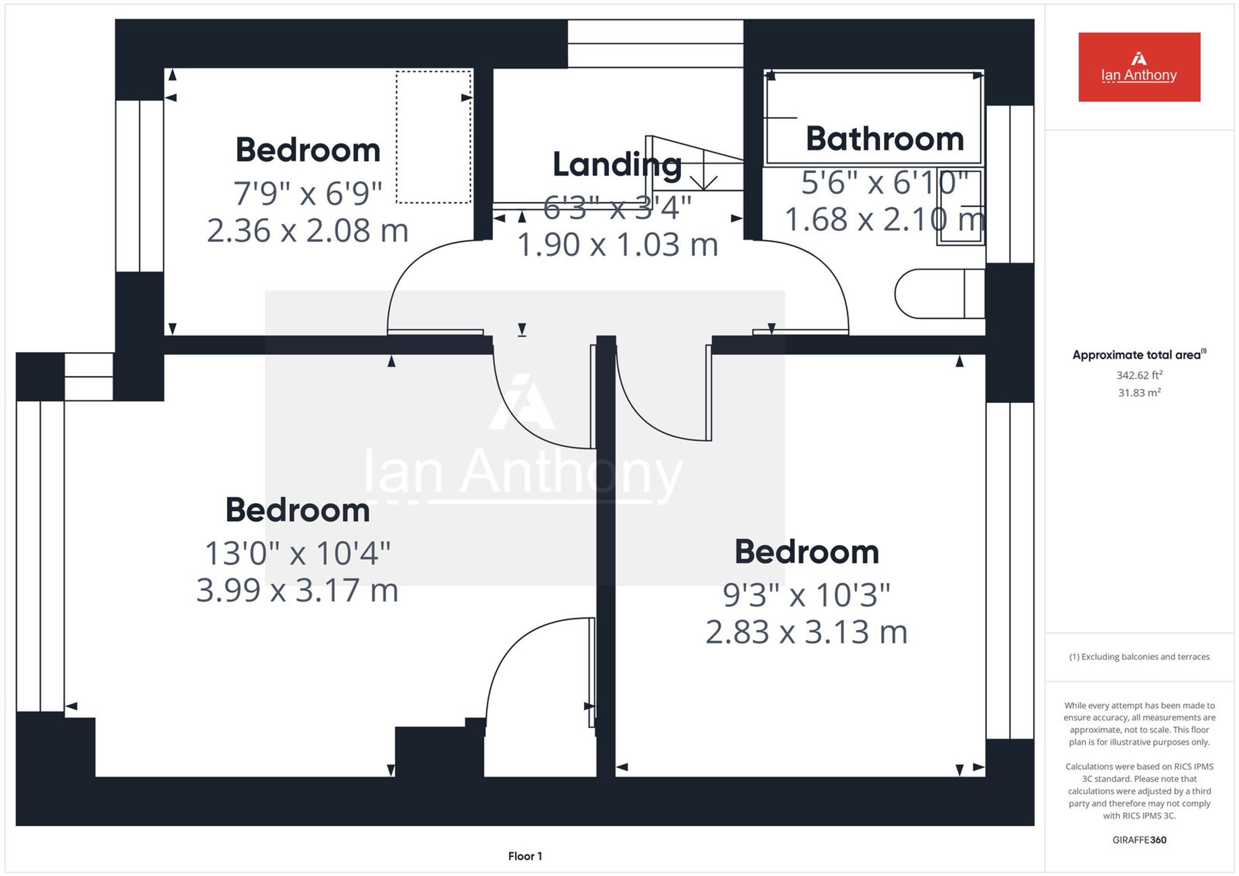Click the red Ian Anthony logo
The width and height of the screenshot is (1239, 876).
[x=1139, y=67]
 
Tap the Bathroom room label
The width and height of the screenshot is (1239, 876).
[x=885, y=139]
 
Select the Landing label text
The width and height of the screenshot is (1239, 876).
[x=617, y=165]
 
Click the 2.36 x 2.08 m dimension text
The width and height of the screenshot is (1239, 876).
[x=308, y=231]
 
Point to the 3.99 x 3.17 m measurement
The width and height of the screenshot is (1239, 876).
[x=297, y=590]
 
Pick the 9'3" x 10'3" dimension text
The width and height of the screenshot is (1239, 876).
[x=806, y=595]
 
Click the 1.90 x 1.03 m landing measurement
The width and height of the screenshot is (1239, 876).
[x=618, y=245]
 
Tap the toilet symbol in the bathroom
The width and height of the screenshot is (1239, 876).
[x=940, y=294]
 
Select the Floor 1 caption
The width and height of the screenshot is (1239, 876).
[x=525, y=856]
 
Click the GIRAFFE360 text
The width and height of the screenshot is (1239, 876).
[x=1139, y=840]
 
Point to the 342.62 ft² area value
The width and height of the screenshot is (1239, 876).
[x=1139, y=375]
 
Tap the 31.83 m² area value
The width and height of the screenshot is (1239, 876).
[x=1139, y=393]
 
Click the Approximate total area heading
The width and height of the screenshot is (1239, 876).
[x=1139, y=354]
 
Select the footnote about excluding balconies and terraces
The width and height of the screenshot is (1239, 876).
[x=1139, y=656]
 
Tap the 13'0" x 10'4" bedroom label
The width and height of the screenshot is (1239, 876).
[x=297, y=554]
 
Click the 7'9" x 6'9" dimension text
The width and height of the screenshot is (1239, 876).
[x=308, y=193]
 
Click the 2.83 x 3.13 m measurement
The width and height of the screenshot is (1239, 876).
[x=806, y=632]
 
